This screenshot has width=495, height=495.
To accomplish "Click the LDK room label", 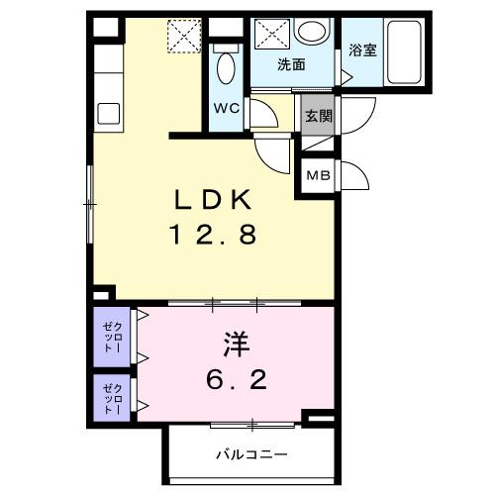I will click(x=215, y=201).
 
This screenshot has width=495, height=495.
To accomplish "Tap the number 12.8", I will click(x=215, y=237).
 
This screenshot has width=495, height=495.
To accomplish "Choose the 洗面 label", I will click(x=290, y=66).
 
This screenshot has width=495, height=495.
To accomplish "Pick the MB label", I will click(x=317, y=176).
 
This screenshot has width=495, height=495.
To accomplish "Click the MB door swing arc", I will click(x=354, y=175).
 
